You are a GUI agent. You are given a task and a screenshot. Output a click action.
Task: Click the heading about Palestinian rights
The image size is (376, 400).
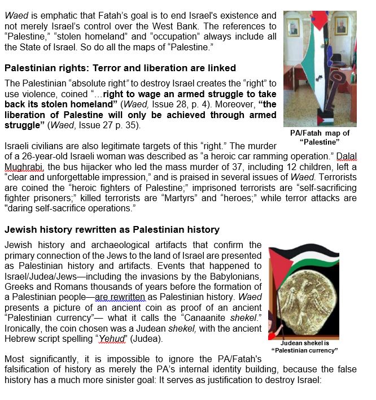[x=120, y=68]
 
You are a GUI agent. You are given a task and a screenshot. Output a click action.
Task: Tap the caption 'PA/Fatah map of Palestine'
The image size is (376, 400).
[x=320, y=137]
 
